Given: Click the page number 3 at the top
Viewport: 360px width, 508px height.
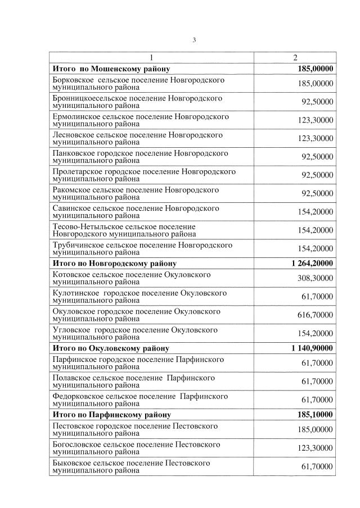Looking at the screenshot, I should coord(194,39).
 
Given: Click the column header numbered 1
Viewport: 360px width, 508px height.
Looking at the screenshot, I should coord(151,58).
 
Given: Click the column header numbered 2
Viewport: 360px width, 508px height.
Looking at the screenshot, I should coord(295,58).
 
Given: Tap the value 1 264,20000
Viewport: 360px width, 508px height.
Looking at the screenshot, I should coord(312,263).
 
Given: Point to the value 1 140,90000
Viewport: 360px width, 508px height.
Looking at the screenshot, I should coord(312,348).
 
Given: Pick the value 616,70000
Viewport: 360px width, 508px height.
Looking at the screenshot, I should coord(315,315).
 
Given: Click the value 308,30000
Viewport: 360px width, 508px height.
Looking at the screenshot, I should coord(315,278).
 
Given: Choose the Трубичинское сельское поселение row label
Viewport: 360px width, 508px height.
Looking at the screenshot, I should coord(142,248).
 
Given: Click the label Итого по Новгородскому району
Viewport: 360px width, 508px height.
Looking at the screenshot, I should coord(115,263).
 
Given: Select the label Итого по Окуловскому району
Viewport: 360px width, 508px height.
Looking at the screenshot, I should coord(110,348).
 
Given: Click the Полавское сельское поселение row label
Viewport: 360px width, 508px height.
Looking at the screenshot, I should coord(133,382).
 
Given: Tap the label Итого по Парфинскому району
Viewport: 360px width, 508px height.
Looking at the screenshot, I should coord(111,415).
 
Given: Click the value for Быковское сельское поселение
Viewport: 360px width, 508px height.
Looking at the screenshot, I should coord(317,467).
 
